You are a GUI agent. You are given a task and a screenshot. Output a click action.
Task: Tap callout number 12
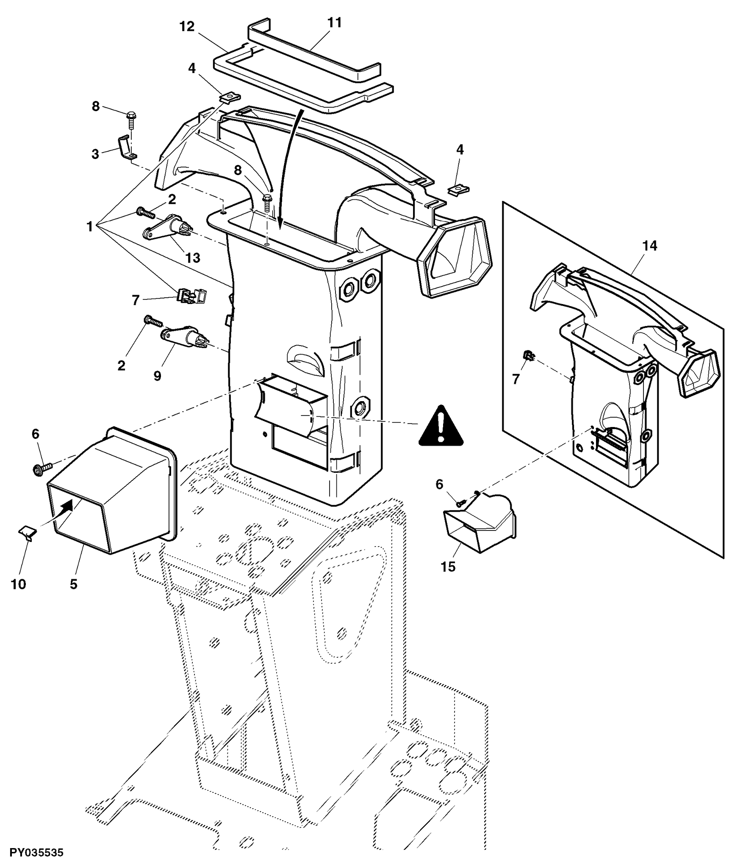(186, 27)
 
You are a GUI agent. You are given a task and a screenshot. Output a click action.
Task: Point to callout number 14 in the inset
(649, 246)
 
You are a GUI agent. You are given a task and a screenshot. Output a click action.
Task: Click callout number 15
(448, 567)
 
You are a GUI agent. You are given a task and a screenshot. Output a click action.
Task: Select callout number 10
(18, 584)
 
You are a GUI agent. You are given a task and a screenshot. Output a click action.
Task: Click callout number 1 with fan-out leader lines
(89, 227)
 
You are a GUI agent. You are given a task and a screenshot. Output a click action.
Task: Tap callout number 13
(193, 258)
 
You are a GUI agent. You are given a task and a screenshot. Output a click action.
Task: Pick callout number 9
(157, 376)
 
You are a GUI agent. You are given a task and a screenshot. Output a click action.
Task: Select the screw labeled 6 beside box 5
(41, 468)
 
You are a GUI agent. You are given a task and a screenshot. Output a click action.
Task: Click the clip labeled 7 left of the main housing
(193, 295)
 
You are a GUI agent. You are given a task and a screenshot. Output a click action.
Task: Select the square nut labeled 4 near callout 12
(230, 98)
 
